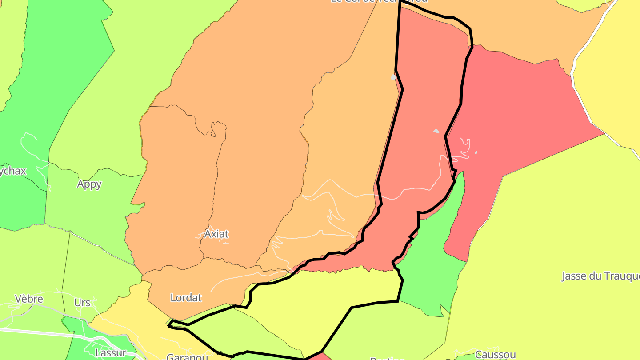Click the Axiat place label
pos(216,234)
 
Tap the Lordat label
pos(186,298)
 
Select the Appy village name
pos(89,184)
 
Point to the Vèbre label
pos(28,299)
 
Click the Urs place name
pos(82,303)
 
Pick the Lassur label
pos(111,353)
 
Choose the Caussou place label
pos(495,355)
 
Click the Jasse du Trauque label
pos(600,276)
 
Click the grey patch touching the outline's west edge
pos(393,77)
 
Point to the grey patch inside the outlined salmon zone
pos(436,131)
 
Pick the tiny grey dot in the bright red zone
pos(476,153)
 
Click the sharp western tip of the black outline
pos(169,326)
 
